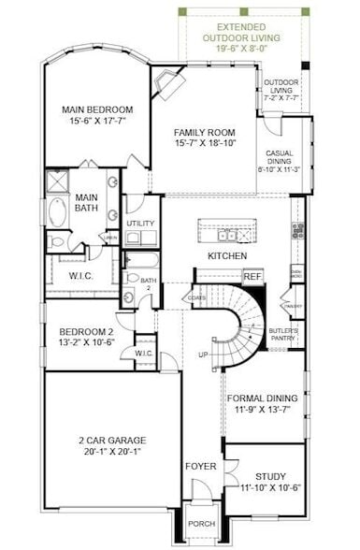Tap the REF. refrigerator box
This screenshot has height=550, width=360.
click(x=252, y=277)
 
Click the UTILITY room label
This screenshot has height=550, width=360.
click(x=140, y=224)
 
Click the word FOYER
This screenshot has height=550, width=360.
click(x=200, y=465)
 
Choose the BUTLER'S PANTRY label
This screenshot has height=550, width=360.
click(x=282, y=336)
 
